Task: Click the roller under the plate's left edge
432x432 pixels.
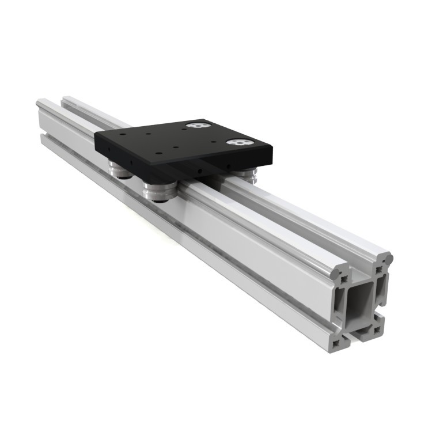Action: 120,170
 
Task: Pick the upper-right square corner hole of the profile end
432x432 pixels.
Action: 378,268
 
